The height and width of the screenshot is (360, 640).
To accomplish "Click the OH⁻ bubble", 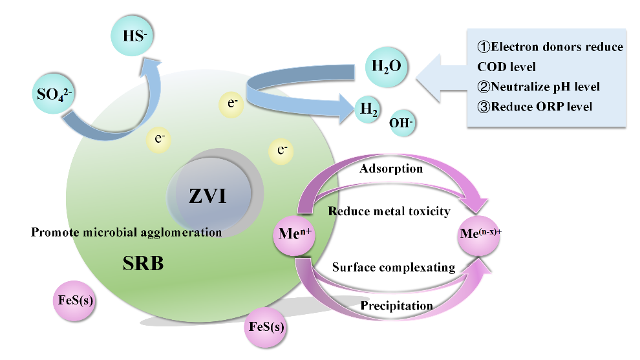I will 401,122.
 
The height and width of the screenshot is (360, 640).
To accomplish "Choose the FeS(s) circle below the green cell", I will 266,326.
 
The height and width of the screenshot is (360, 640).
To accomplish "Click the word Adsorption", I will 392,169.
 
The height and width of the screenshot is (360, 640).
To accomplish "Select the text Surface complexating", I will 393,267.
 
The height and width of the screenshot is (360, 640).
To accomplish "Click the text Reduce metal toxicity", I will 389,211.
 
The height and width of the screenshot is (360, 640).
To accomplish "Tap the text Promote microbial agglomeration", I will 126,231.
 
